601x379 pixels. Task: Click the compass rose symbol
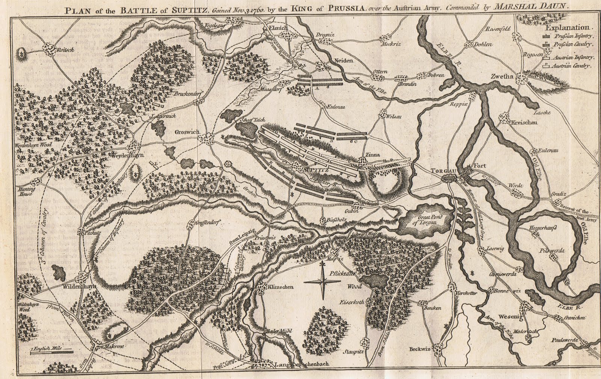[x=322, y=281]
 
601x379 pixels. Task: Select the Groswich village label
[x=186, y=132]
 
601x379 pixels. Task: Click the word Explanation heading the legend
[x=567, y=28]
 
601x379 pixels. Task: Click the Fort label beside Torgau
[x=480, y=166]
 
